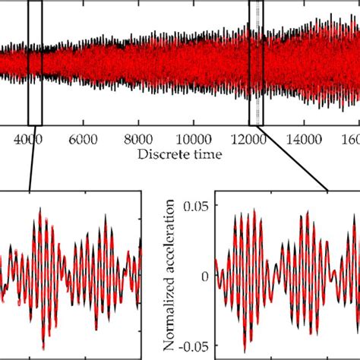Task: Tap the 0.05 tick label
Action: pyautogui.click(x=197, y=204)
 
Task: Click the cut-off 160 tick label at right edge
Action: pyautogui.click(x=350, y=139)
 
